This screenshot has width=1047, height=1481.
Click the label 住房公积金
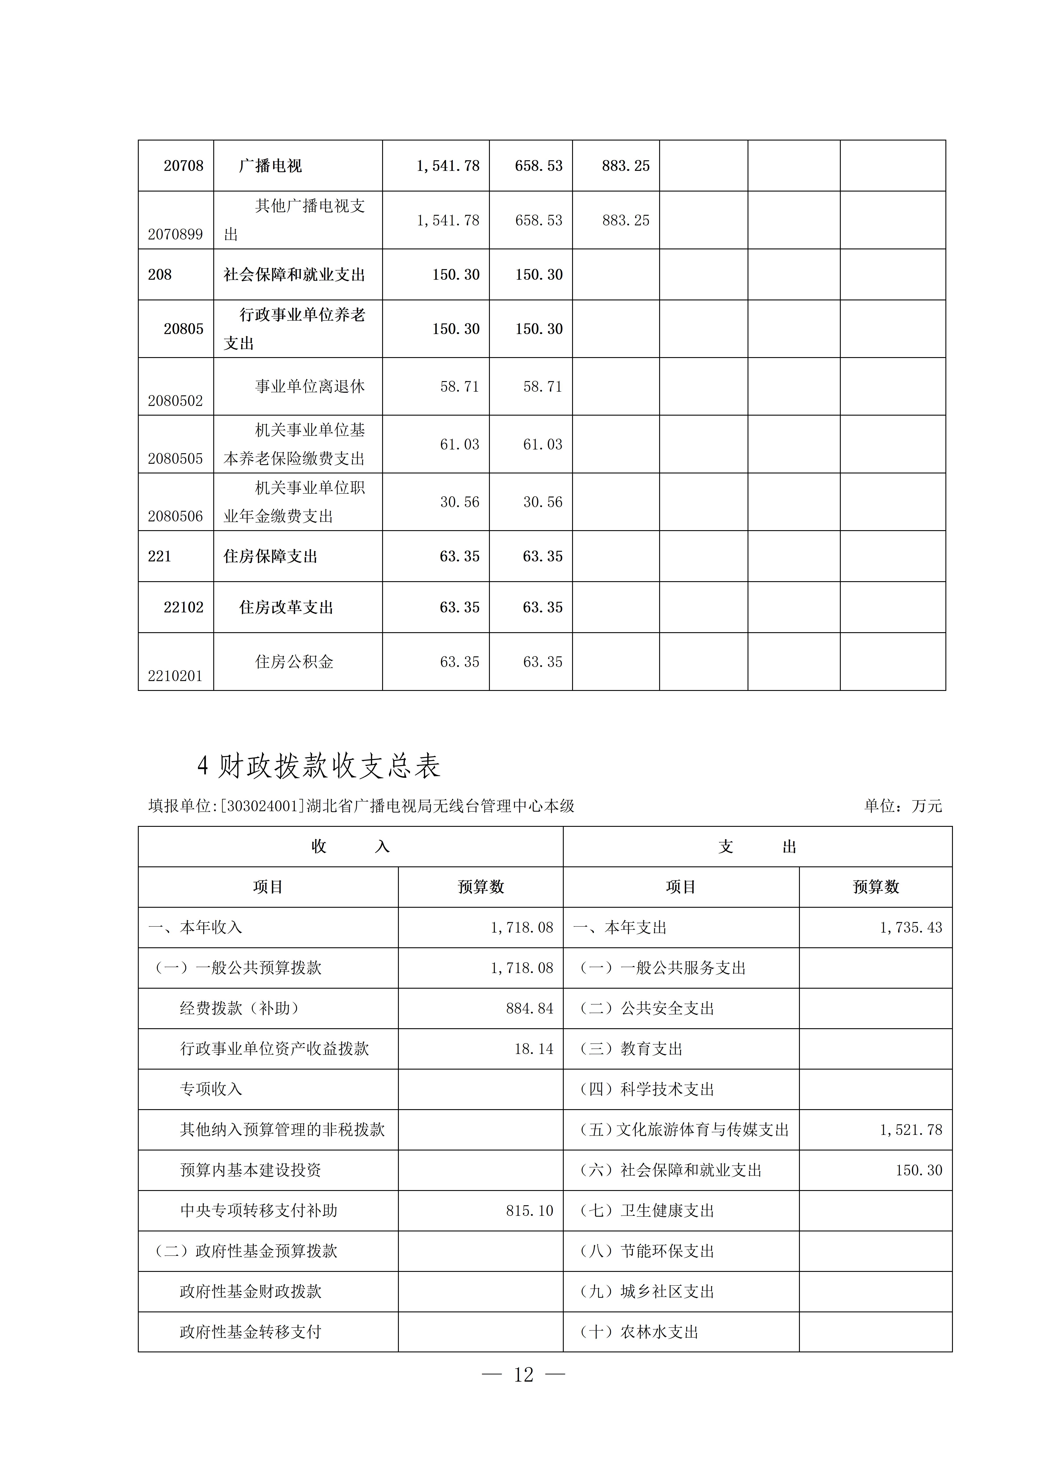point(294,661)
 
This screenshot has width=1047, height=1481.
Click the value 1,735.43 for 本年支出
point(910,928)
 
